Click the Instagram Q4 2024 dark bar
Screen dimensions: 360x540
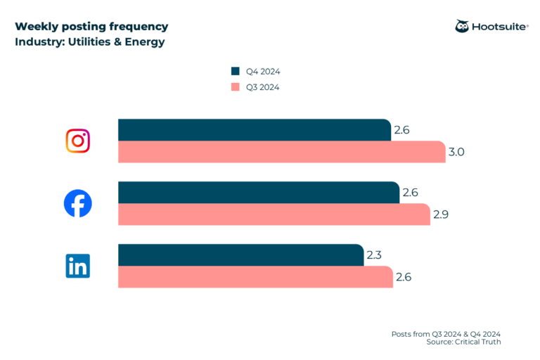tap(253, 130)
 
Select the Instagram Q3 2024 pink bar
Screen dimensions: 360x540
tap(281, 152)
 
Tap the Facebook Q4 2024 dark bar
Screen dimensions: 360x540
tap(258, 193)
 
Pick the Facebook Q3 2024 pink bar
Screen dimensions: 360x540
tap(274, 214)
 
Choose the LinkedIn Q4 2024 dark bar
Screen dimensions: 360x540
tap(240, 255)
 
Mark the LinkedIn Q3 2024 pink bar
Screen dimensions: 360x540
tap(255, 277)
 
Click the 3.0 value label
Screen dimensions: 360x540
tap(457, 152)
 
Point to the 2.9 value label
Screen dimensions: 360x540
tap(441, 214)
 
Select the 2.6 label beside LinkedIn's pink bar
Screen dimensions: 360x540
tap(404, 277)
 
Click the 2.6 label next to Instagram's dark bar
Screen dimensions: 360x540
tap(402, 130)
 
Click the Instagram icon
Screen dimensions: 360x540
tap(78, 141)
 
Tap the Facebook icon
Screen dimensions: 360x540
tap(78, 203)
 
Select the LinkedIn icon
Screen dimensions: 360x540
tap(78, 266)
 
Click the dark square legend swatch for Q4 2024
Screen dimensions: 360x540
tap(236, 71)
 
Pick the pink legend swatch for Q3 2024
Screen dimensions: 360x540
tap(236, 87)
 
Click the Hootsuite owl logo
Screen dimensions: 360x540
tap(463, 26)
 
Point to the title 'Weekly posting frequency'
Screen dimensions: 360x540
tap(91, 27)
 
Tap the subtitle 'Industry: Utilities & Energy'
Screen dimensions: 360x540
tap(90, 41)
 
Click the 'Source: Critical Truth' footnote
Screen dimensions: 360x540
tap(463, 342)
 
